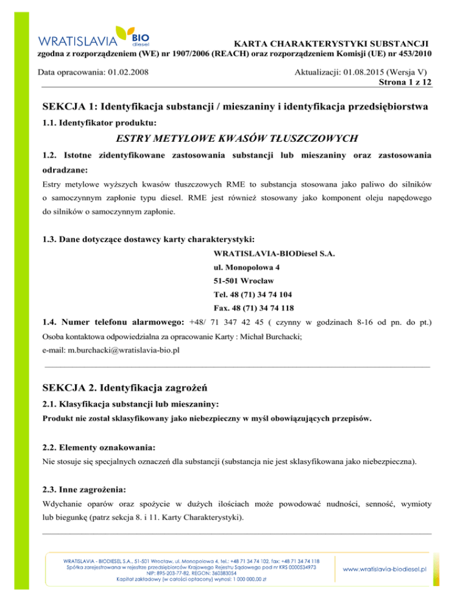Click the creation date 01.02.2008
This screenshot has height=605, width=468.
pos(129,72)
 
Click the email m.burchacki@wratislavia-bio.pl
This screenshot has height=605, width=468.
pos(124,351)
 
